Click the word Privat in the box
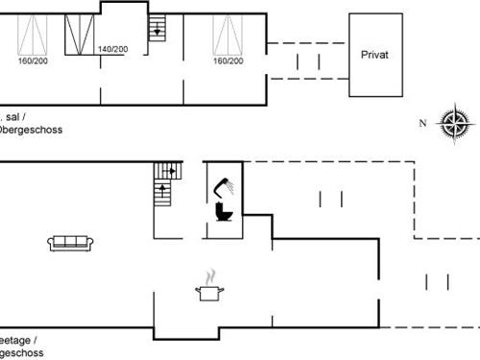pos(373,56)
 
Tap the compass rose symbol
pos(452,123)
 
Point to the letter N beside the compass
pos(421,123)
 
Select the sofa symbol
pos(69,242)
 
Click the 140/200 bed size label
pos(113,49)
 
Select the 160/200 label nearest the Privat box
pos(228,60)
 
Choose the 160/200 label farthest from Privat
pos(32,60)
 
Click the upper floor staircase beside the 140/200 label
pos(157,30)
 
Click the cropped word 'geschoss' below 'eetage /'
pos(20,352)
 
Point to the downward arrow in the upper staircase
pos(156,31)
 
